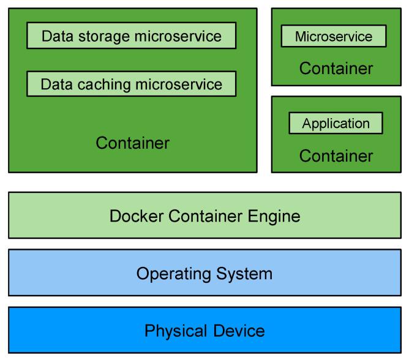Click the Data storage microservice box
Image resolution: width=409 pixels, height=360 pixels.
click(131, 36)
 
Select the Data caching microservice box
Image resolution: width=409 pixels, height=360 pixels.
click(131, 84)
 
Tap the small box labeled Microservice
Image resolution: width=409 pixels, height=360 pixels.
click(334, 36)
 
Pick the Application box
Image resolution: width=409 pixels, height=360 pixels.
click(336, 123)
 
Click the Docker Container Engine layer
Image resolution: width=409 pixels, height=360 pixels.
click(204, 216)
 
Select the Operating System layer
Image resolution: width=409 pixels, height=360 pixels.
click(204, 272)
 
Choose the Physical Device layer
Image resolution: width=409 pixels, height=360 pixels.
click(204, 331)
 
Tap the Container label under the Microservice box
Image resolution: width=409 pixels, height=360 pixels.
click(336, 68)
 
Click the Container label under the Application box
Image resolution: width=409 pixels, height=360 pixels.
click(336, 156)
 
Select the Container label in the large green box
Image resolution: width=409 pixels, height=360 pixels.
click(132, 143)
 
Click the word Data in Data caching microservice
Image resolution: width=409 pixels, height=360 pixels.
click(54, 84)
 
